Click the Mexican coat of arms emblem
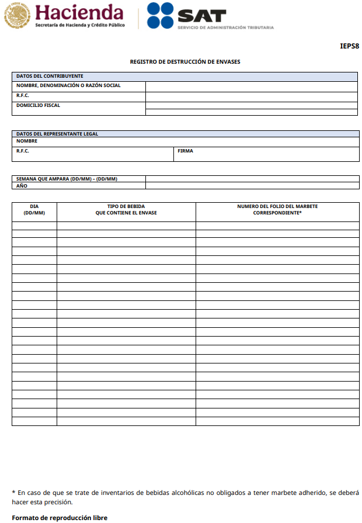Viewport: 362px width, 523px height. tap(17, 16)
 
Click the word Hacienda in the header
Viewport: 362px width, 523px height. tap(79, 13)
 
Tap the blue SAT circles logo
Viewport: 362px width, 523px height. tap(161, 16)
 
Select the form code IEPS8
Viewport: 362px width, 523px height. tap(349, 46)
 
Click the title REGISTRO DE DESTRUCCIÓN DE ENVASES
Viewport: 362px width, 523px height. tap(185, 61)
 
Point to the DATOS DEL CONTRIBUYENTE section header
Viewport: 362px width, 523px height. tap(50, 77)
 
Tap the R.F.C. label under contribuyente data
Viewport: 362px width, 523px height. tap(23, 95)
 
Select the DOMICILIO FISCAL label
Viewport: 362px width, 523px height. tap(38, 106)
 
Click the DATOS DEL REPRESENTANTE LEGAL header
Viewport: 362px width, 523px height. tap(57, 134)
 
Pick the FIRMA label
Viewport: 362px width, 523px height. tap(186, 151)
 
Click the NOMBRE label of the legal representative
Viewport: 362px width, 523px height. tap(27, 141)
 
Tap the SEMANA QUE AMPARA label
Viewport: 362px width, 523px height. tap(67, 179)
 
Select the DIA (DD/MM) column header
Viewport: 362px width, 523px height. tap(34, 210)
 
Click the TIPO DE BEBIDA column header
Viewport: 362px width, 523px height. tap(126, 210)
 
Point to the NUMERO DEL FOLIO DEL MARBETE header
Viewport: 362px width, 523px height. tap(277, 210)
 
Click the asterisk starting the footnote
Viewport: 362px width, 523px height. tap(13, 493)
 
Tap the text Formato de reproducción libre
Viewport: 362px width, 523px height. tap(60, 518)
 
